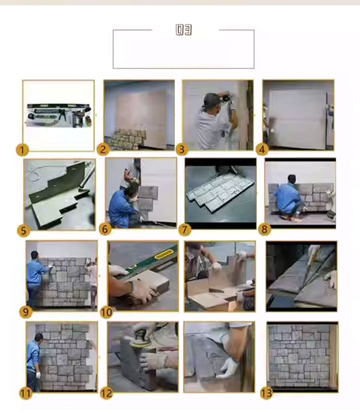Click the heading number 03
click(183, 30)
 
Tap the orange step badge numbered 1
click(22, 150)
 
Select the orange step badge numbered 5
click(23, 230)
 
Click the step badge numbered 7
click(184, 230)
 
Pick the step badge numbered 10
click(106, 312)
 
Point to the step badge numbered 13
click(266, 393)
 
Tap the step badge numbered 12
click(107, 393)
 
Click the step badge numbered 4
click(262, 150)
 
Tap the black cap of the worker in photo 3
click(211, 98)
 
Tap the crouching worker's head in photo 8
click(291, 179)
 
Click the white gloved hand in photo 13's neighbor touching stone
click(229, 367)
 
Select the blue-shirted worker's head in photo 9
click(35, 255)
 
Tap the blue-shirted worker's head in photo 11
click(39, 337)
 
